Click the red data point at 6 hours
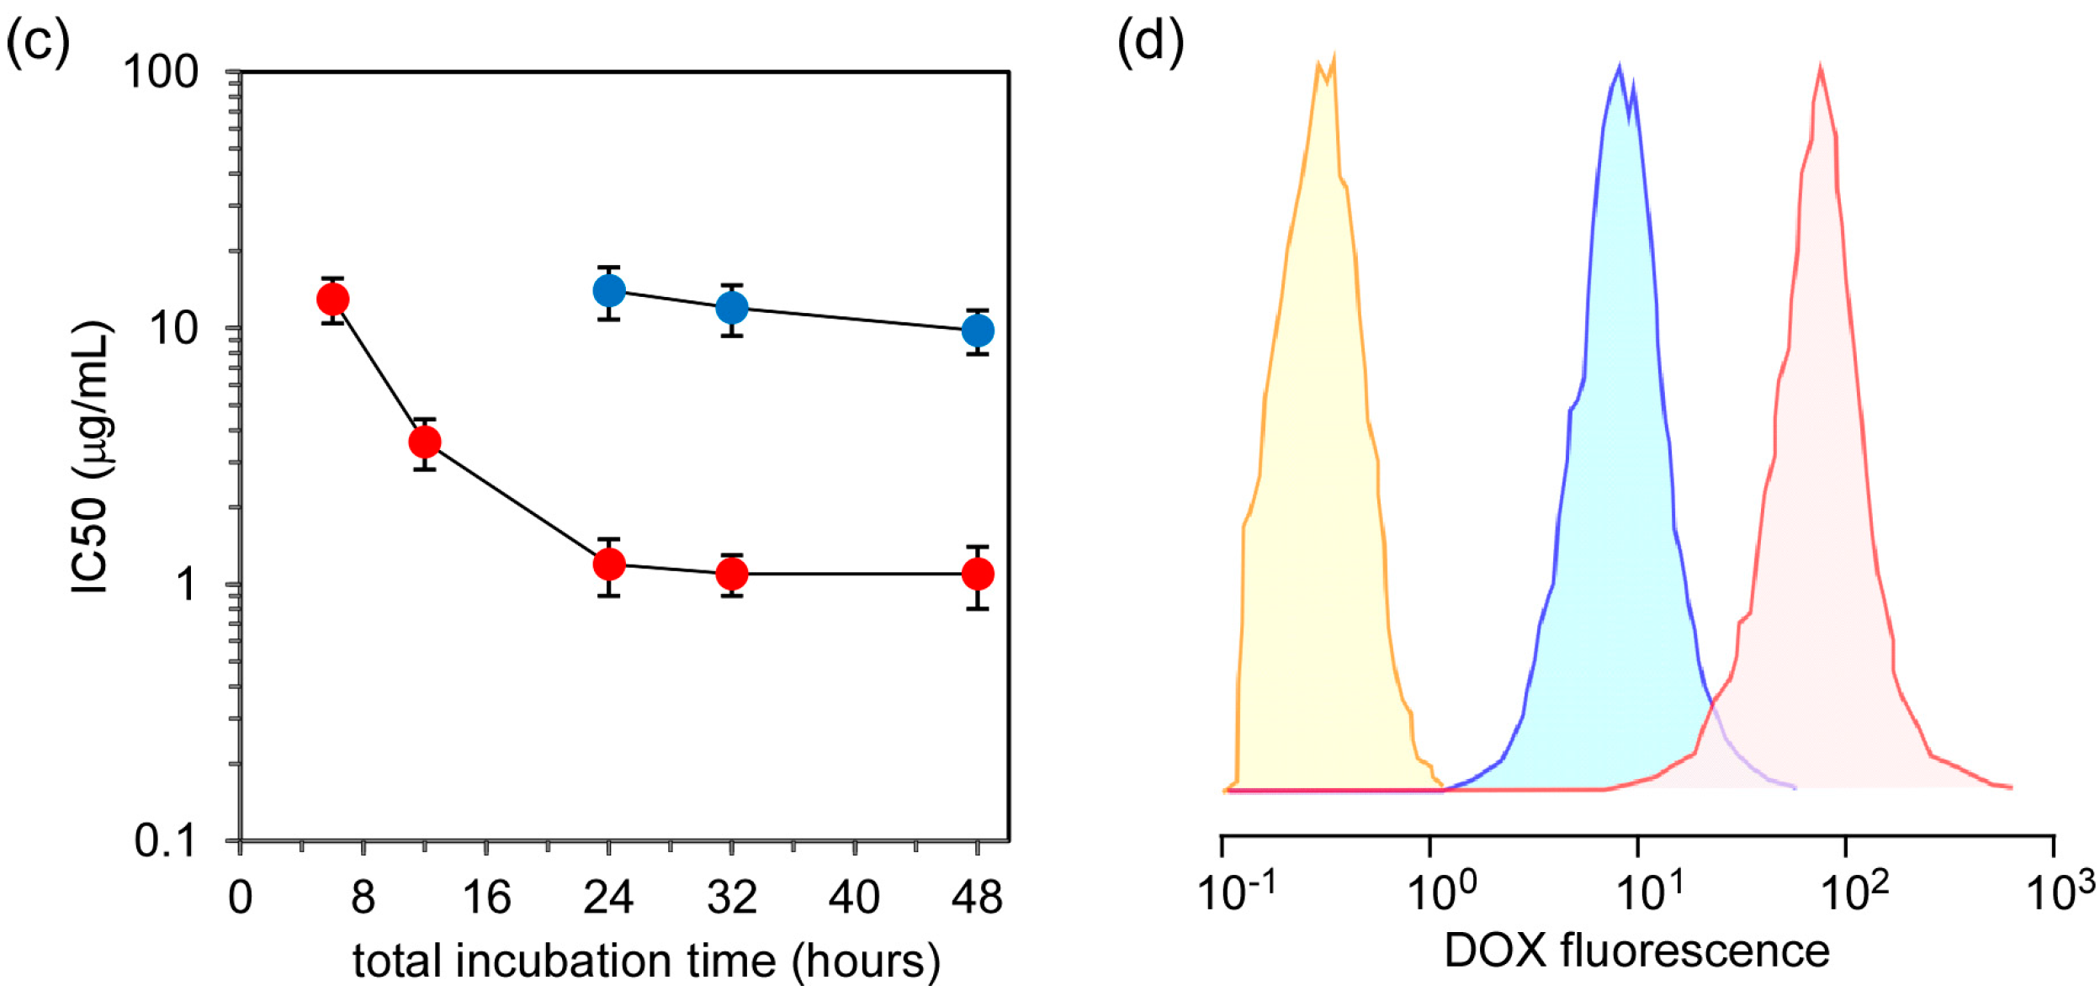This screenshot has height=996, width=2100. (333, 299)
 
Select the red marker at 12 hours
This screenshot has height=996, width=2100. (425, 442)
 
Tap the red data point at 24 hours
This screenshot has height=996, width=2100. (609, 564)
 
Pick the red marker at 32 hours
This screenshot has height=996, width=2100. (732, 574)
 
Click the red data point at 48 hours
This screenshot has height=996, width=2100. (978, 574)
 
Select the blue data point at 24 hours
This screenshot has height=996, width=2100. (609, 291)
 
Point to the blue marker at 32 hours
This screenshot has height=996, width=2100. (732, 308)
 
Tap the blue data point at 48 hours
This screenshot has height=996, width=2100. (978, 331)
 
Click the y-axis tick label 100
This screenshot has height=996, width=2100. (161, 72)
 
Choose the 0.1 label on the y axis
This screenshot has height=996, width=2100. (165, 840)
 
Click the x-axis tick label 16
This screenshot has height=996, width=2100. (486, 898)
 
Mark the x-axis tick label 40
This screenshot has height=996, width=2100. (854, 898)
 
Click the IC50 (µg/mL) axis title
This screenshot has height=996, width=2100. (91, 458)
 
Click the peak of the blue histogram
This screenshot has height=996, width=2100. (1618, 67)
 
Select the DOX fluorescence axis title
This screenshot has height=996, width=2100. (1636, 951)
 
